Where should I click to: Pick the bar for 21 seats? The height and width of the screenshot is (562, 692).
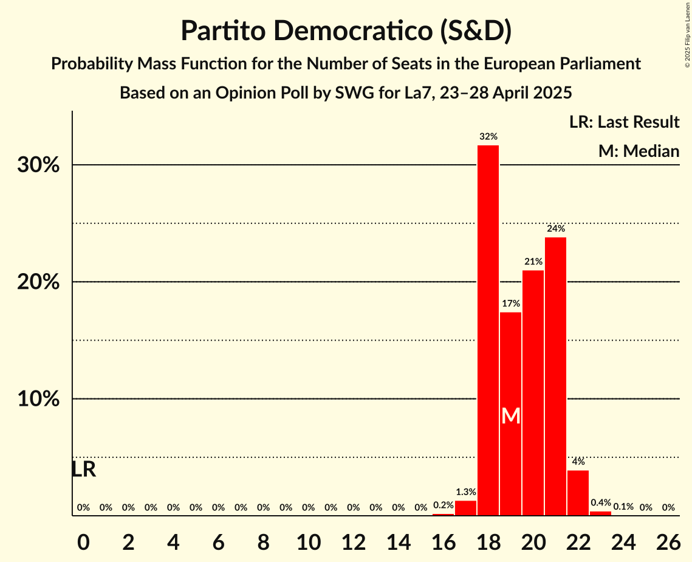point(555,376)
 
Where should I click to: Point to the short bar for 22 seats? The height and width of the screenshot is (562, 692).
point(578,493)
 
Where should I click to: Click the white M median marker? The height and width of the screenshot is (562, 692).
point(511,416)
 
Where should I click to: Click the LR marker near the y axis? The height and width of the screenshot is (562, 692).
point(83,470)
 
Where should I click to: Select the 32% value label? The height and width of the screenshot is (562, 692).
point(488,137)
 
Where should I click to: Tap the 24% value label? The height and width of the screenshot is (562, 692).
point(555,229)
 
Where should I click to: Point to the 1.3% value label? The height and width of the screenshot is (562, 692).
point(465,492)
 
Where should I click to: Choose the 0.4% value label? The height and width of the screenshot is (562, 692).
point(600,503)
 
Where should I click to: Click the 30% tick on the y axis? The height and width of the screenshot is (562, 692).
point(38,165)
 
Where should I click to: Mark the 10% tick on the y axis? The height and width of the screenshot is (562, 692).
point(38,400)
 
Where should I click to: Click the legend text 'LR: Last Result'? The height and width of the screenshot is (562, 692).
point(624,122)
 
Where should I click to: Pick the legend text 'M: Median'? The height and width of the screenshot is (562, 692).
point(639,151)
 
